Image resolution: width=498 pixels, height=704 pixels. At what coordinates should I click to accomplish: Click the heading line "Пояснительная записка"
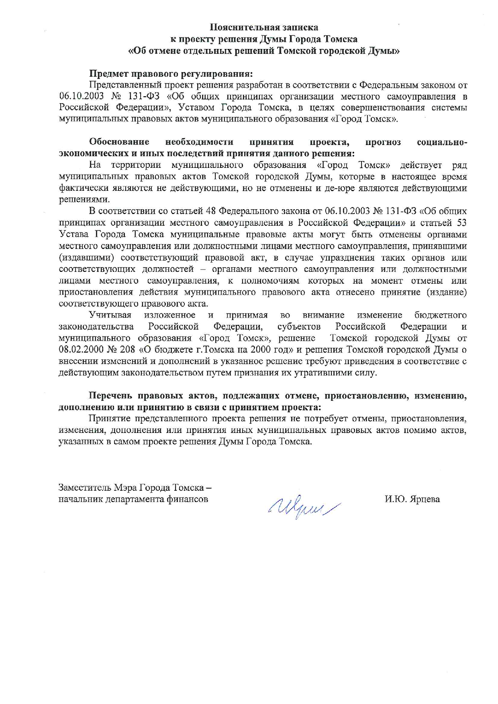(264, 27)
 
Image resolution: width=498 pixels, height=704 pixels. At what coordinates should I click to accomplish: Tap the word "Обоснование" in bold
(119, 142)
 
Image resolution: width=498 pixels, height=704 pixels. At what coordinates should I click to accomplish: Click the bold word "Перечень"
(110, 396)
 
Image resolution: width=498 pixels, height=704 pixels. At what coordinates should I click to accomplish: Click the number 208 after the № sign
(127, 350)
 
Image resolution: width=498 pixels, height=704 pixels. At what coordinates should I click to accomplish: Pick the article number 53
(461, 222)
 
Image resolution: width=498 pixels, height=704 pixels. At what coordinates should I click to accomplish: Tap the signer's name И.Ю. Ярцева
(412, 499)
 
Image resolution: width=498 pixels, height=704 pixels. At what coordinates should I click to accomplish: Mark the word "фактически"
(80, 188)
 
